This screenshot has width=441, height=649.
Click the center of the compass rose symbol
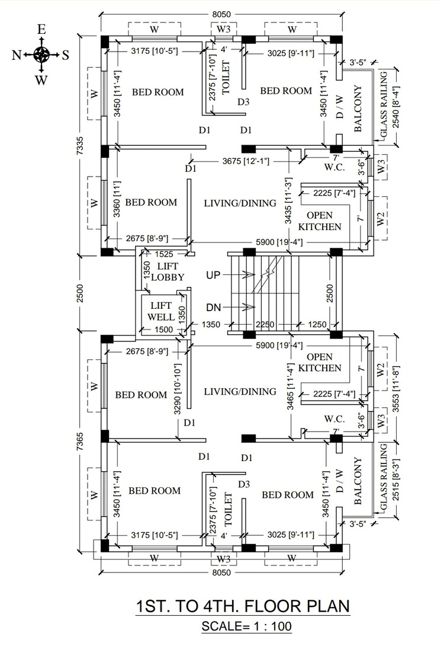[x=41, y=55]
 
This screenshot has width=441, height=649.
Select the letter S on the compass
[x=65, y=55]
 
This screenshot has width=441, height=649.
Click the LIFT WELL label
[x=160, y=311]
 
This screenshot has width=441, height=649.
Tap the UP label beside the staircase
[x=213, y=275]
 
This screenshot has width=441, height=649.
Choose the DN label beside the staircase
[x=214, y=307]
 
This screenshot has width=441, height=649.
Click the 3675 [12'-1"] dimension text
[x=246, y=161]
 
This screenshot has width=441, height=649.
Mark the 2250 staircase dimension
[x=265, y=324]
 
